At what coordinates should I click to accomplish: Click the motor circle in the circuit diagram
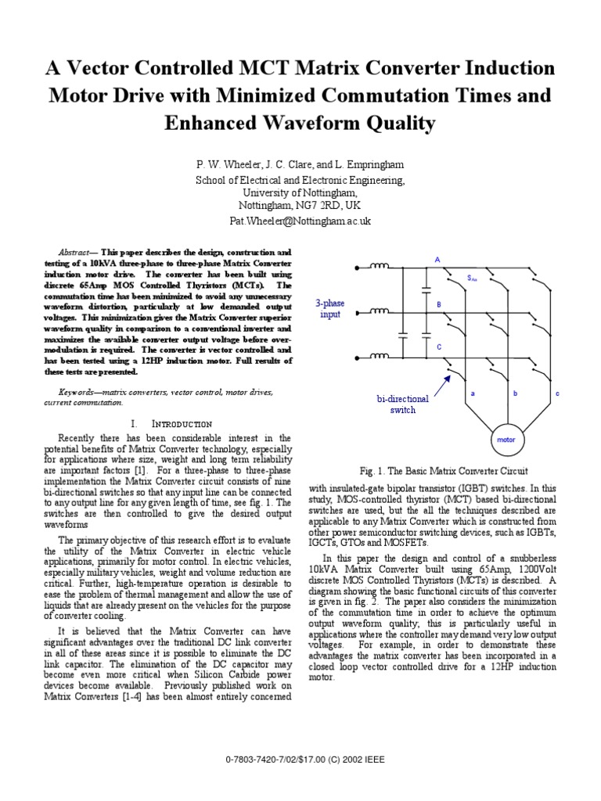(x=506, y=440)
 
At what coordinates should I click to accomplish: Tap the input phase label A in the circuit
(x=437, y=259)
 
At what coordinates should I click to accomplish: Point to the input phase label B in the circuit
(x=439, y=304)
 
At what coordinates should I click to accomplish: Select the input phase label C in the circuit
(x=439, y=346)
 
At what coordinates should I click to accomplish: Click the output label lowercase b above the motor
(x=516, y=393)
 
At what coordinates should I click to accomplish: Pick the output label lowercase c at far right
(x=557, y=393)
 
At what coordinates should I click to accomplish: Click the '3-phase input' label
(x=330, y=308)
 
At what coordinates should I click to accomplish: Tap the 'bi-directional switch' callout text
(x=403, y=404)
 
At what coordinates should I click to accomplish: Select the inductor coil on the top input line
(x=380, y=268)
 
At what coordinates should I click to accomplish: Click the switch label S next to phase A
(x=472, y=278)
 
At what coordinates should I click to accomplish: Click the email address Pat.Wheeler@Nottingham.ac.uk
(x=300, y=221)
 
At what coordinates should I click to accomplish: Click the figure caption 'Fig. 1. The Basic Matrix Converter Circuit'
(x=444, y=471)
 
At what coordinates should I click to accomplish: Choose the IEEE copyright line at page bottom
(x=300, y=779)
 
